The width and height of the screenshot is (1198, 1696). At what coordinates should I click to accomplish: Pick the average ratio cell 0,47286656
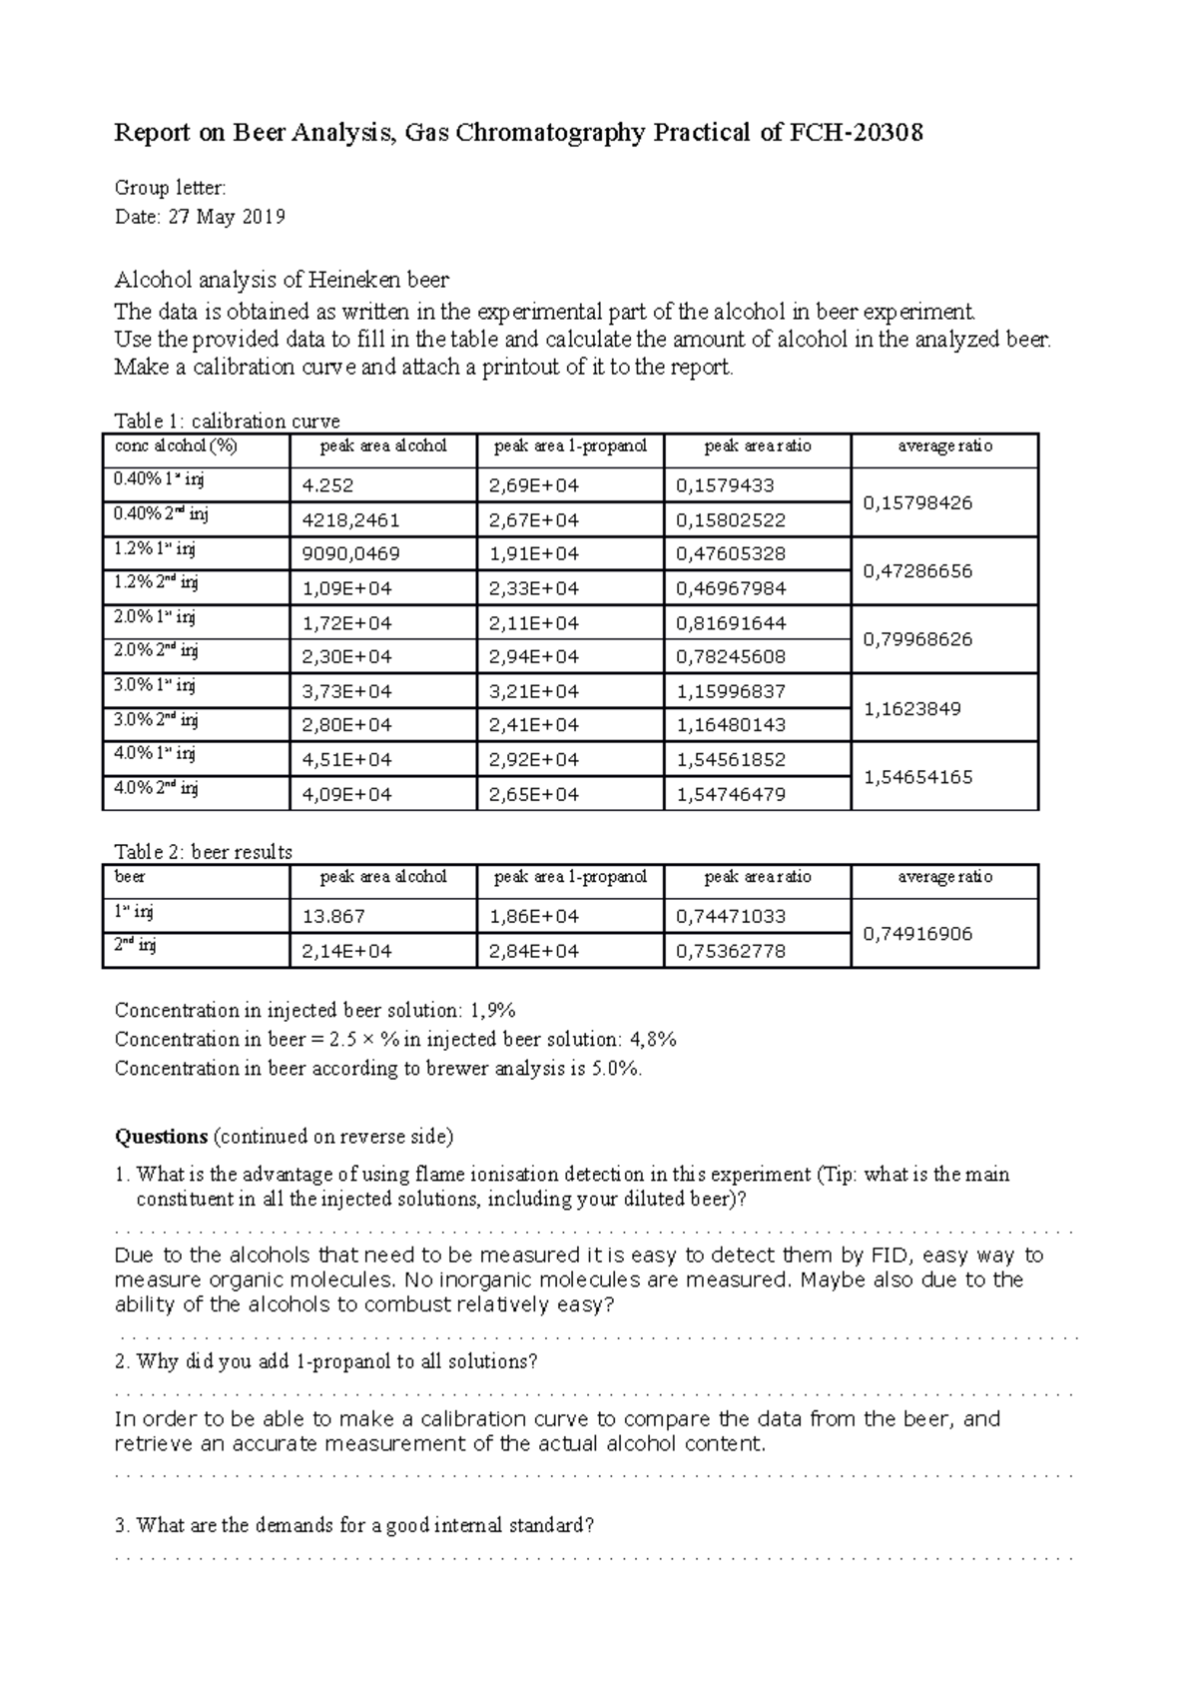tap(918, 571)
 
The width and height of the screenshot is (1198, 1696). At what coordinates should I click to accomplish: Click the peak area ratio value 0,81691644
tap(731, 623)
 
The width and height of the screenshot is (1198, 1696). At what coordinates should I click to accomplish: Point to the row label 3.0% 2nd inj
tap(157, 720)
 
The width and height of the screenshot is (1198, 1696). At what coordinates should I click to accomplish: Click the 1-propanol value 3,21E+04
tap(534, 691)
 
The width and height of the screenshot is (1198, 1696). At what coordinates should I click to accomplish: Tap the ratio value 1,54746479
tap(731, 795)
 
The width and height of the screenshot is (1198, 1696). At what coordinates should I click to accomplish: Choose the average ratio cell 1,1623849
tap(912, 709)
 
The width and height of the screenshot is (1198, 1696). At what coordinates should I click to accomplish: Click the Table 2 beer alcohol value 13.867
tap(333, 917)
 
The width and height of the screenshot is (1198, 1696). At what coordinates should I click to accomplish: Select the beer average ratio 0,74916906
tap(918, 934)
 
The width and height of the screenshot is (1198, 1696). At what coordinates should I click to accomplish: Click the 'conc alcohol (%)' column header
tap(176, 446)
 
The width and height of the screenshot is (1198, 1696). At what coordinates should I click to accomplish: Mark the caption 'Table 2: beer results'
tap(204, 852)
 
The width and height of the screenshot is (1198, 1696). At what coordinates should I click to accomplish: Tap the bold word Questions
tap(161, 1137)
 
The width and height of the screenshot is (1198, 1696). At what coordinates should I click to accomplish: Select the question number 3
tap(121, 1526)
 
